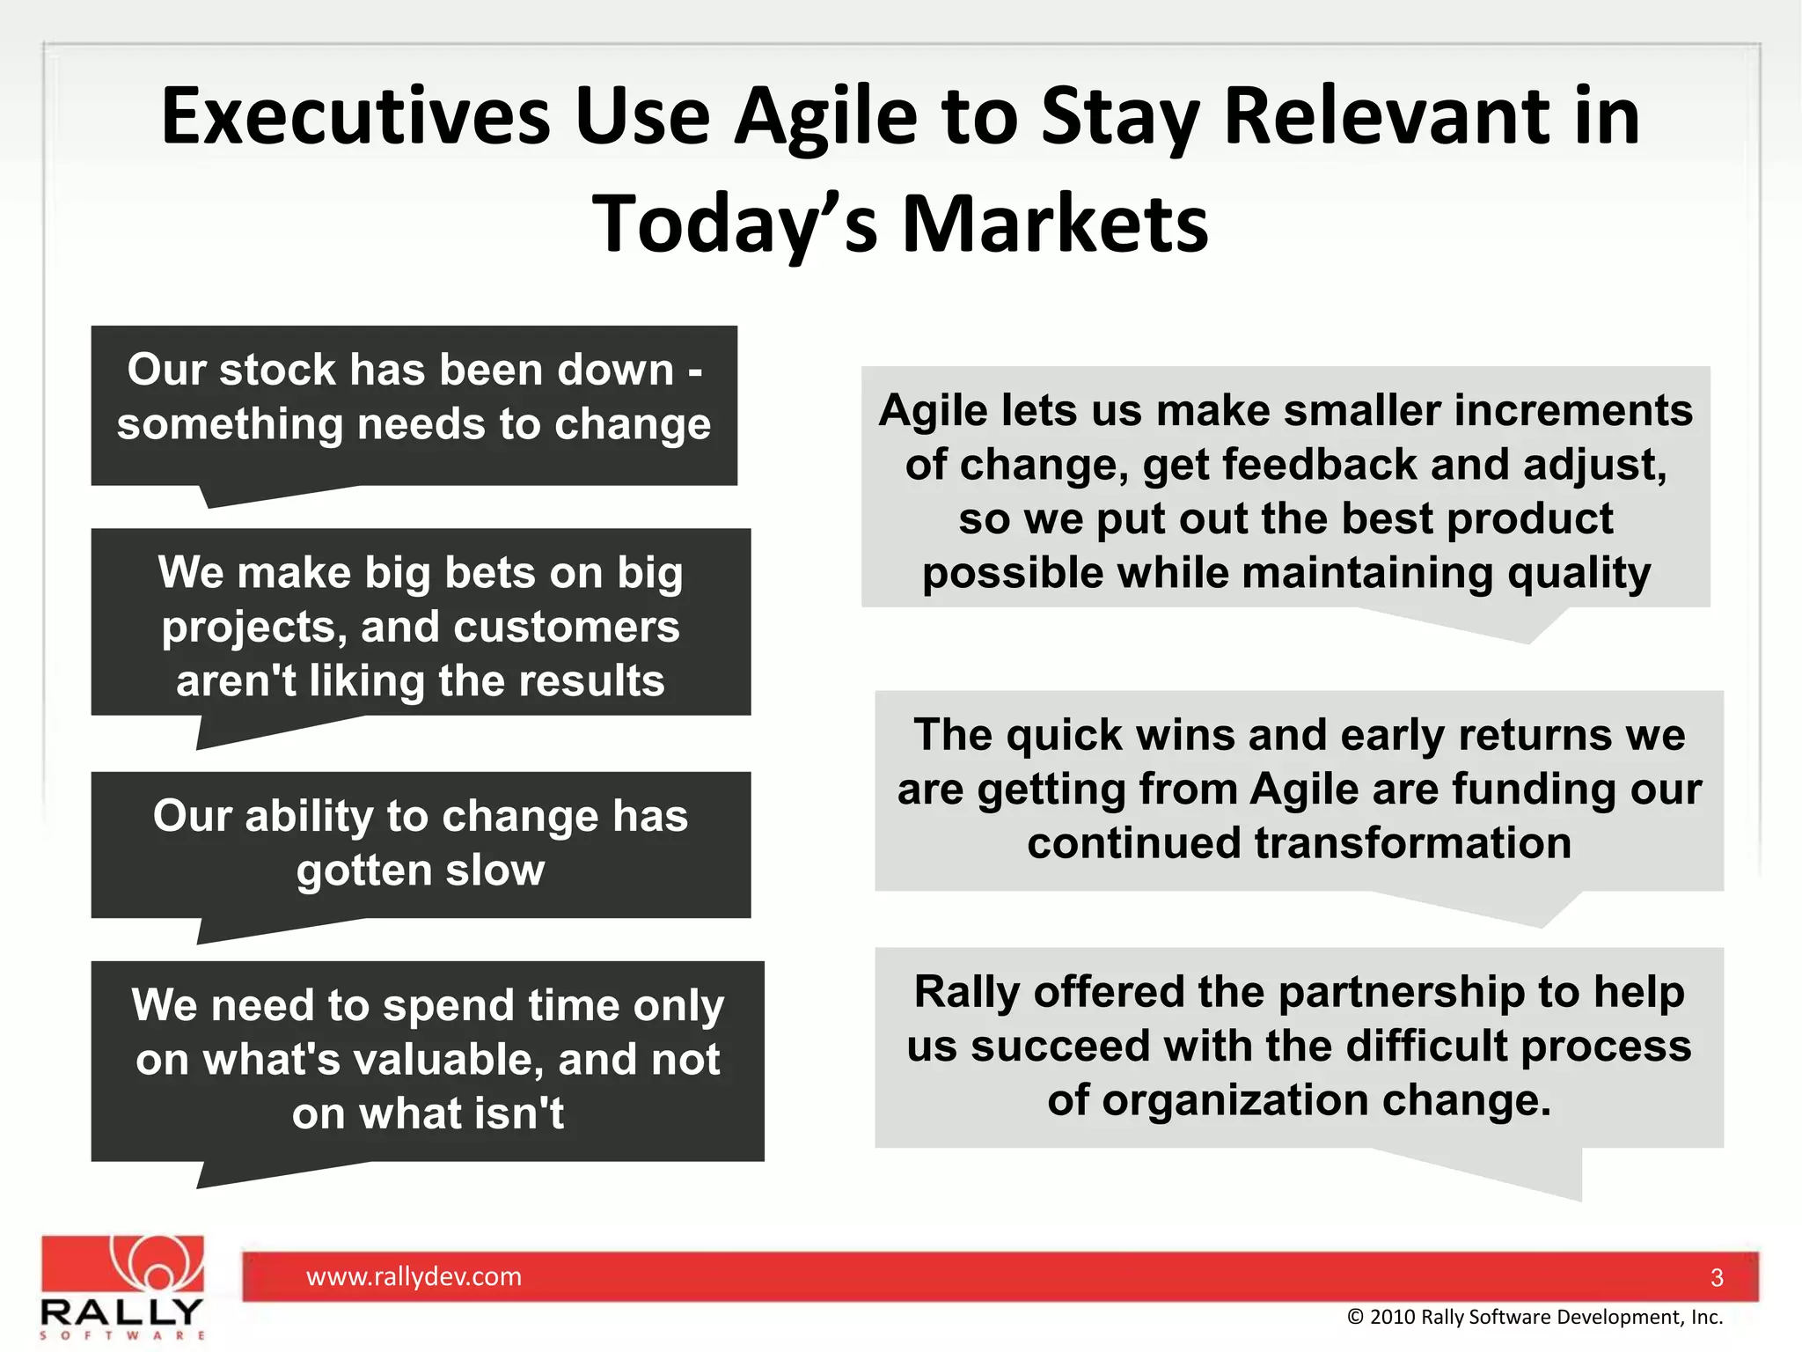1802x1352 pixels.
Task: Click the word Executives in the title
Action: pos(355,117)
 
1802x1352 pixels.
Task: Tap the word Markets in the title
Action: pos(1055,224)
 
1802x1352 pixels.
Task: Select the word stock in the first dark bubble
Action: pos(277,370)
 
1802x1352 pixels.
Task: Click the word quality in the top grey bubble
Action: pos(1579,574)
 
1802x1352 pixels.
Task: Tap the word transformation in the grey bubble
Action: pos(1412,844)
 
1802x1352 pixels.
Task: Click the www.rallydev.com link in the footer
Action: pos(414,1276)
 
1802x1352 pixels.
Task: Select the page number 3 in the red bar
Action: pos(1717,1278)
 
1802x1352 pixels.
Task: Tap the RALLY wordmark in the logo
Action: pos(121,1312)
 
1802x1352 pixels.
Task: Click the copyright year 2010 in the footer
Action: pos(1393,1317)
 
